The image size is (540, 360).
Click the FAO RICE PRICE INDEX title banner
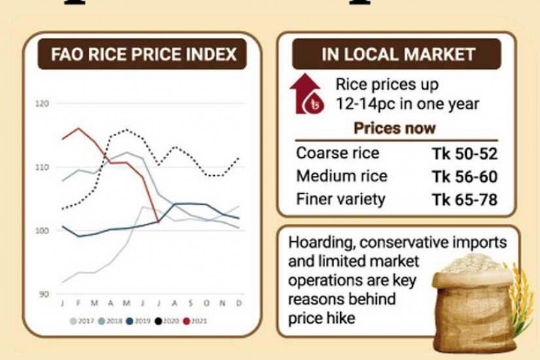tap(143, 55)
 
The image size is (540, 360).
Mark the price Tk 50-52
tap(464, 154)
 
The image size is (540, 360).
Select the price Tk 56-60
tap(464, 176)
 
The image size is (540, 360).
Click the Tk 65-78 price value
tap(464, 199)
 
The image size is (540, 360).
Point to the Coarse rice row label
tap(337, 153)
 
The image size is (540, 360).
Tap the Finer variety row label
tap(340, 199)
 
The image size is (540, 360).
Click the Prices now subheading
tap(394, 128)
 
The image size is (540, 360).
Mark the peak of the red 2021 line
tap(78, 128)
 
